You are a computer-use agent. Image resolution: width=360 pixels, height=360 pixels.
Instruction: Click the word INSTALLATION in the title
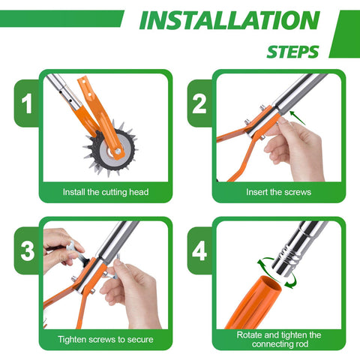click(229, 20)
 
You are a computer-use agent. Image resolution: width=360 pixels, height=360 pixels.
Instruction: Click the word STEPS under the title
click(292, 52)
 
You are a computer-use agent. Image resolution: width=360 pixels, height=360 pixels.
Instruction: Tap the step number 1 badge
click(27, 103)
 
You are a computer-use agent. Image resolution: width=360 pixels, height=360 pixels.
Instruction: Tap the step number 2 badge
click(199, 103)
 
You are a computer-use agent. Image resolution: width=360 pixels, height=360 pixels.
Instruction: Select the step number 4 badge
click(199, 251)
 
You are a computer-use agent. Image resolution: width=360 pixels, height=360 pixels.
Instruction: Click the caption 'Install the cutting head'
click(106, 192)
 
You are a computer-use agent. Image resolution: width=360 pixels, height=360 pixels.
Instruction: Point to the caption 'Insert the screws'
click(279, 192)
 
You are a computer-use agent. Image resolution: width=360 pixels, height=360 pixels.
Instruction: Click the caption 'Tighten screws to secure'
click(106, 340)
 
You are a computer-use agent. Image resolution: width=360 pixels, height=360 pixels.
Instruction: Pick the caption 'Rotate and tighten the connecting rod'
click(279, 340)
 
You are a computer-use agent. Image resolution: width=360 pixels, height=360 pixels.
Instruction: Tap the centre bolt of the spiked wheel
click(118, 151)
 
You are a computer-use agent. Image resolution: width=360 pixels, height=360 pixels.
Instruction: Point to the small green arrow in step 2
click(298, 118)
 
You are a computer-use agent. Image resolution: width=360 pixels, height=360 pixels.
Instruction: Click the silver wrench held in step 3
click(77, 253)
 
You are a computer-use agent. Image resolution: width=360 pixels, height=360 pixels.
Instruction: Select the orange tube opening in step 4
click(271, 283)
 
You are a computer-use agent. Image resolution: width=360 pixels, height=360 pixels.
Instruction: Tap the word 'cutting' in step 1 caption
click(115, 192)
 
